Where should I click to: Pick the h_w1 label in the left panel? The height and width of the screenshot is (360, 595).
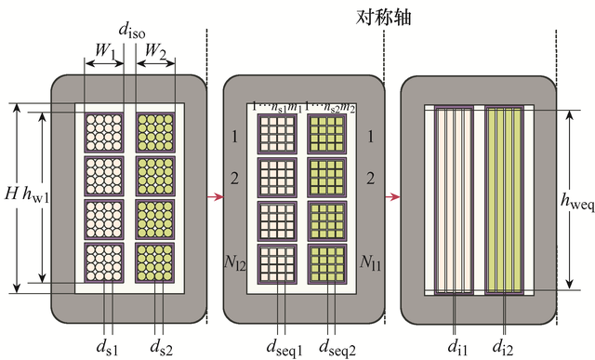pos(33,197)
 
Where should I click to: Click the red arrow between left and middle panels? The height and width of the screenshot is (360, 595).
pos(215,197)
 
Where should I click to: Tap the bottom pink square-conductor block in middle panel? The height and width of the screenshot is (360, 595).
pos(277,263)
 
